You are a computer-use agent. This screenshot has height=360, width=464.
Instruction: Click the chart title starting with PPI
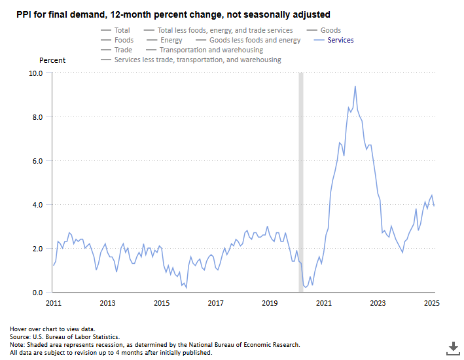tap(173, 14)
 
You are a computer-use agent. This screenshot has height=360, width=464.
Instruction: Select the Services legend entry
tap(340, 40)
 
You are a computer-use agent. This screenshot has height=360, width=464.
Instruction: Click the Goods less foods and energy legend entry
tap(255, 40)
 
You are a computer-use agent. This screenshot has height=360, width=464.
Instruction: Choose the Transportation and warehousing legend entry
tap(211, 50)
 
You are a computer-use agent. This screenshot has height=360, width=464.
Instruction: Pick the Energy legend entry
tap(171, 40)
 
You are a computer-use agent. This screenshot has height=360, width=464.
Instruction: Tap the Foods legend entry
tap(124, 40)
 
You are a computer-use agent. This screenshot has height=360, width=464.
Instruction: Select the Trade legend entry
tap(123, 50)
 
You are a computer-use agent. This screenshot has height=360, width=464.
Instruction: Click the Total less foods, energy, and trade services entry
tap(225, 30)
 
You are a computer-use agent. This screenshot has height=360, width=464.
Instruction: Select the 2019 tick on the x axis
tap(270, 303)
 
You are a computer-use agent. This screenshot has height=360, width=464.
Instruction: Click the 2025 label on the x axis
tap(431, 303)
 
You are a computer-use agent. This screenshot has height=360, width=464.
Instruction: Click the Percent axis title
tap(52, 60)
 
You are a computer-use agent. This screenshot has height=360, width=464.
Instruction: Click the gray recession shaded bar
tap(301, 183)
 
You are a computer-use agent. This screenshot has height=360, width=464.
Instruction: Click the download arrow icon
tap(452, 347)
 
